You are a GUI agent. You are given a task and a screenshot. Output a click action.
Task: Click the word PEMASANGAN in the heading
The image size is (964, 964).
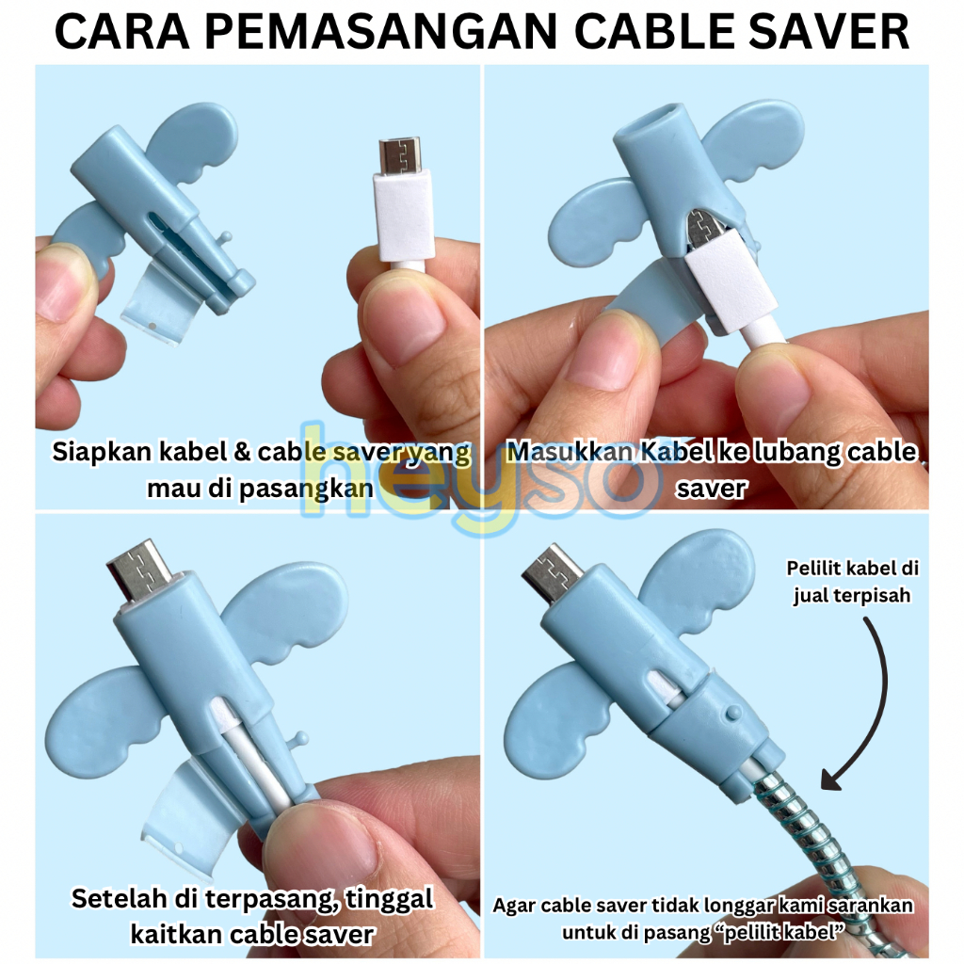click(381, 32)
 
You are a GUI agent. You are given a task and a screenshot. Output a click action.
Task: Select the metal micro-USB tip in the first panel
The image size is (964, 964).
click(399, 157)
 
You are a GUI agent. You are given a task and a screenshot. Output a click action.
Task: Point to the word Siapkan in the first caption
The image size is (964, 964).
click(102, 453)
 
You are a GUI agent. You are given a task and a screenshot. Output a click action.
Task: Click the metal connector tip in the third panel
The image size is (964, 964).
click(139, 570)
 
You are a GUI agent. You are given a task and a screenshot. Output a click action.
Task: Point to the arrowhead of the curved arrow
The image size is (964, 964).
click(831, 779)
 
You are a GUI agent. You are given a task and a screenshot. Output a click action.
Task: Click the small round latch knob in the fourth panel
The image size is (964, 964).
click(732, 714)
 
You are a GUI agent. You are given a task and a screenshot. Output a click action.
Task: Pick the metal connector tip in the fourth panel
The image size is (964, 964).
click(552, 572)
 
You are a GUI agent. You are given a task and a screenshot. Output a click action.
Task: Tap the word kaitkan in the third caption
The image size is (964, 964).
click(177, 935)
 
